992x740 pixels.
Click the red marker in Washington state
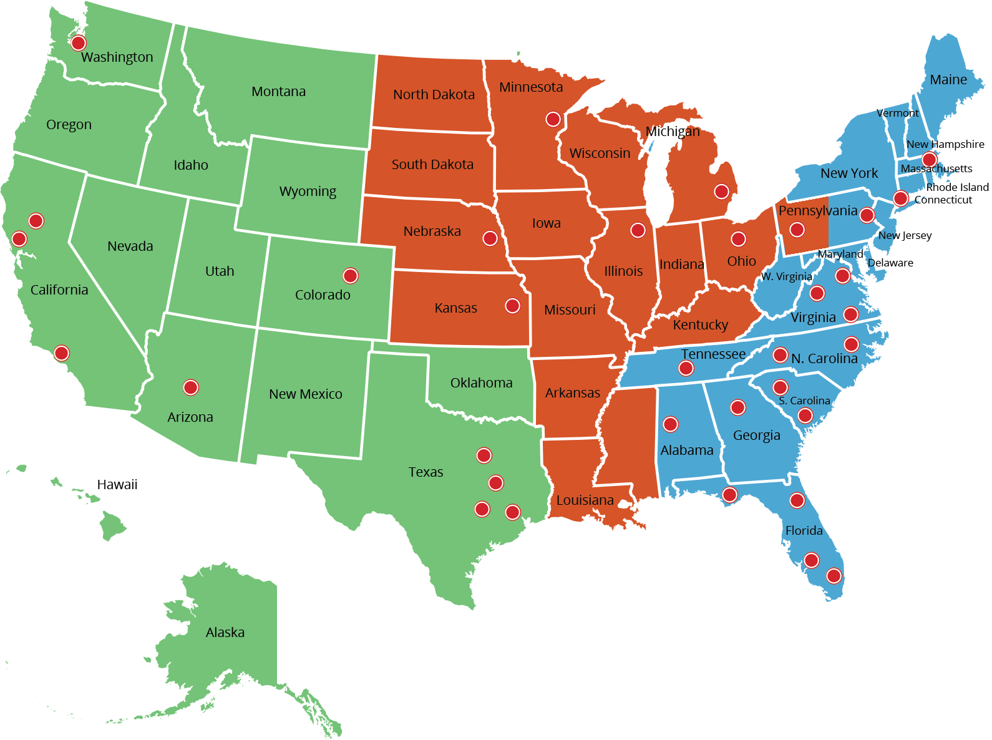(78, 43)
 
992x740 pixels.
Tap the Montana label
(278, 92)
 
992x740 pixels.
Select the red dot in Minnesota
(553, 119)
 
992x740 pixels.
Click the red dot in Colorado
(351, 275)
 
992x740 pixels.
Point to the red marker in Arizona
(191, 387)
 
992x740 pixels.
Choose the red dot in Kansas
(512, 306)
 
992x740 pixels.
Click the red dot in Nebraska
(490, 238)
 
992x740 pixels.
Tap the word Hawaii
(117, 485)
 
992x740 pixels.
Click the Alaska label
(225, 633)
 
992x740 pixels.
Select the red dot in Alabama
(671, 424)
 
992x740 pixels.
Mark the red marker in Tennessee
(686, 368)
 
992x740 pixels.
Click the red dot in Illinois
(638, 230)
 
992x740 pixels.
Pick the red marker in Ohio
(738, 239)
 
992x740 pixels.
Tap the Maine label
(948, 80)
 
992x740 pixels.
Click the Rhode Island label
(957, 187)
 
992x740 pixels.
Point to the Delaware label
(890, 263)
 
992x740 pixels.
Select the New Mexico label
(306, 394)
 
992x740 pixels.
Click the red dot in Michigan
(721, 191)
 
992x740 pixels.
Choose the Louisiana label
(585, 500)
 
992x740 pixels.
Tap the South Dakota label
(432, 165)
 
